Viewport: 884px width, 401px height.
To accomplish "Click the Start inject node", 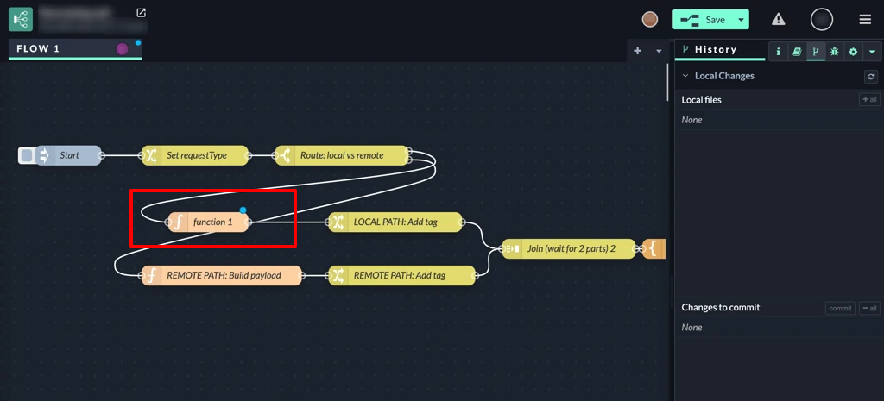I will [x=69, y=155].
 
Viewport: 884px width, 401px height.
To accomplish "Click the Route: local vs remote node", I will [x=342, y=155].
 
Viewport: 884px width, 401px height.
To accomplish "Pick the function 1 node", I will [x=212, y=222].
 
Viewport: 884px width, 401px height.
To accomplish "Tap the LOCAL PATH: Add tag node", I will [x=395, y=222].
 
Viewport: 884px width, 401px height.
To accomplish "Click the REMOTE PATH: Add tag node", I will [x=402, y=275].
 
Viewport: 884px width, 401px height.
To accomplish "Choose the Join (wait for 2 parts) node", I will [x=570, y=248].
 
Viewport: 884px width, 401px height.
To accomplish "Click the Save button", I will [x=703, y=19].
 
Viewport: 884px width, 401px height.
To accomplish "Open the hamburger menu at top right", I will [x=865, y=19].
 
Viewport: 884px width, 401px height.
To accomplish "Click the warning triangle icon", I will [x=779, y=19].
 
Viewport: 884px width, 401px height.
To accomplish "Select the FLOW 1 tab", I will [x=39, y=48].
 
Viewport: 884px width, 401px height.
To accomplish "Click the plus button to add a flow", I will [x=638, y=51].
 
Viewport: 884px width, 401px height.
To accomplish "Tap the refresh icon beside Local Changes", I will [x=871, y=76].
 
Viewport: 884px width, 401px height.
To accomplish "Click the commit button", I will [x=840, y=308].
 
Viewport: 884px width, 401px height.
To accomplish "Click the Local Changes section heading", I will [x=724, y=76].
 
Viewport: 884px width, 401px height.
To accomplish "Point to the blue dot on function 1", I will [x=243, y=210].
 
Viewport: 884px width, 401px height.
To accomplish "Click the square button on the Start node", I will [x=27, y=155].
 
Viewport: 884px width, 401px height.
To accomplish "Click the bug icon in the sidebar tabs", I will [x=834, y=52].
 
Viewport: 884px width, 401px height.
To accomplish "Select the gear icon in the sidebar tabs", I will [x=853, y=52].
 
